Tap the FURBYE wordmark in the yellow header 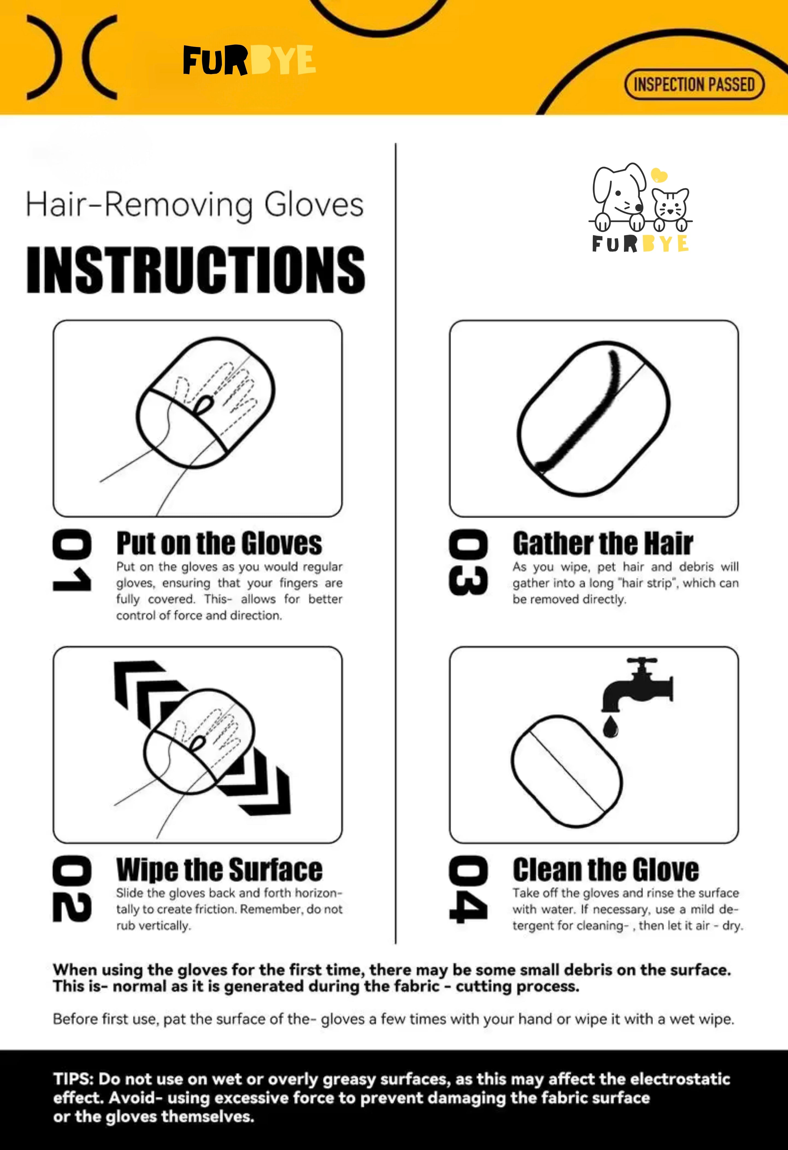coord(249,60)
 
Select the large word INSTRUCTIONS coord(196,270)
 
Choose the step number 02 coord(72,889)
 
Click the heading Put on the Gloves coord(219,543)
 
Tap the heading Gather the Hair coord(603,543)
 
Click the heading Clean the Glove coord(606,870)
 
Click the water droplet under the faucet coord(610,726)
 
